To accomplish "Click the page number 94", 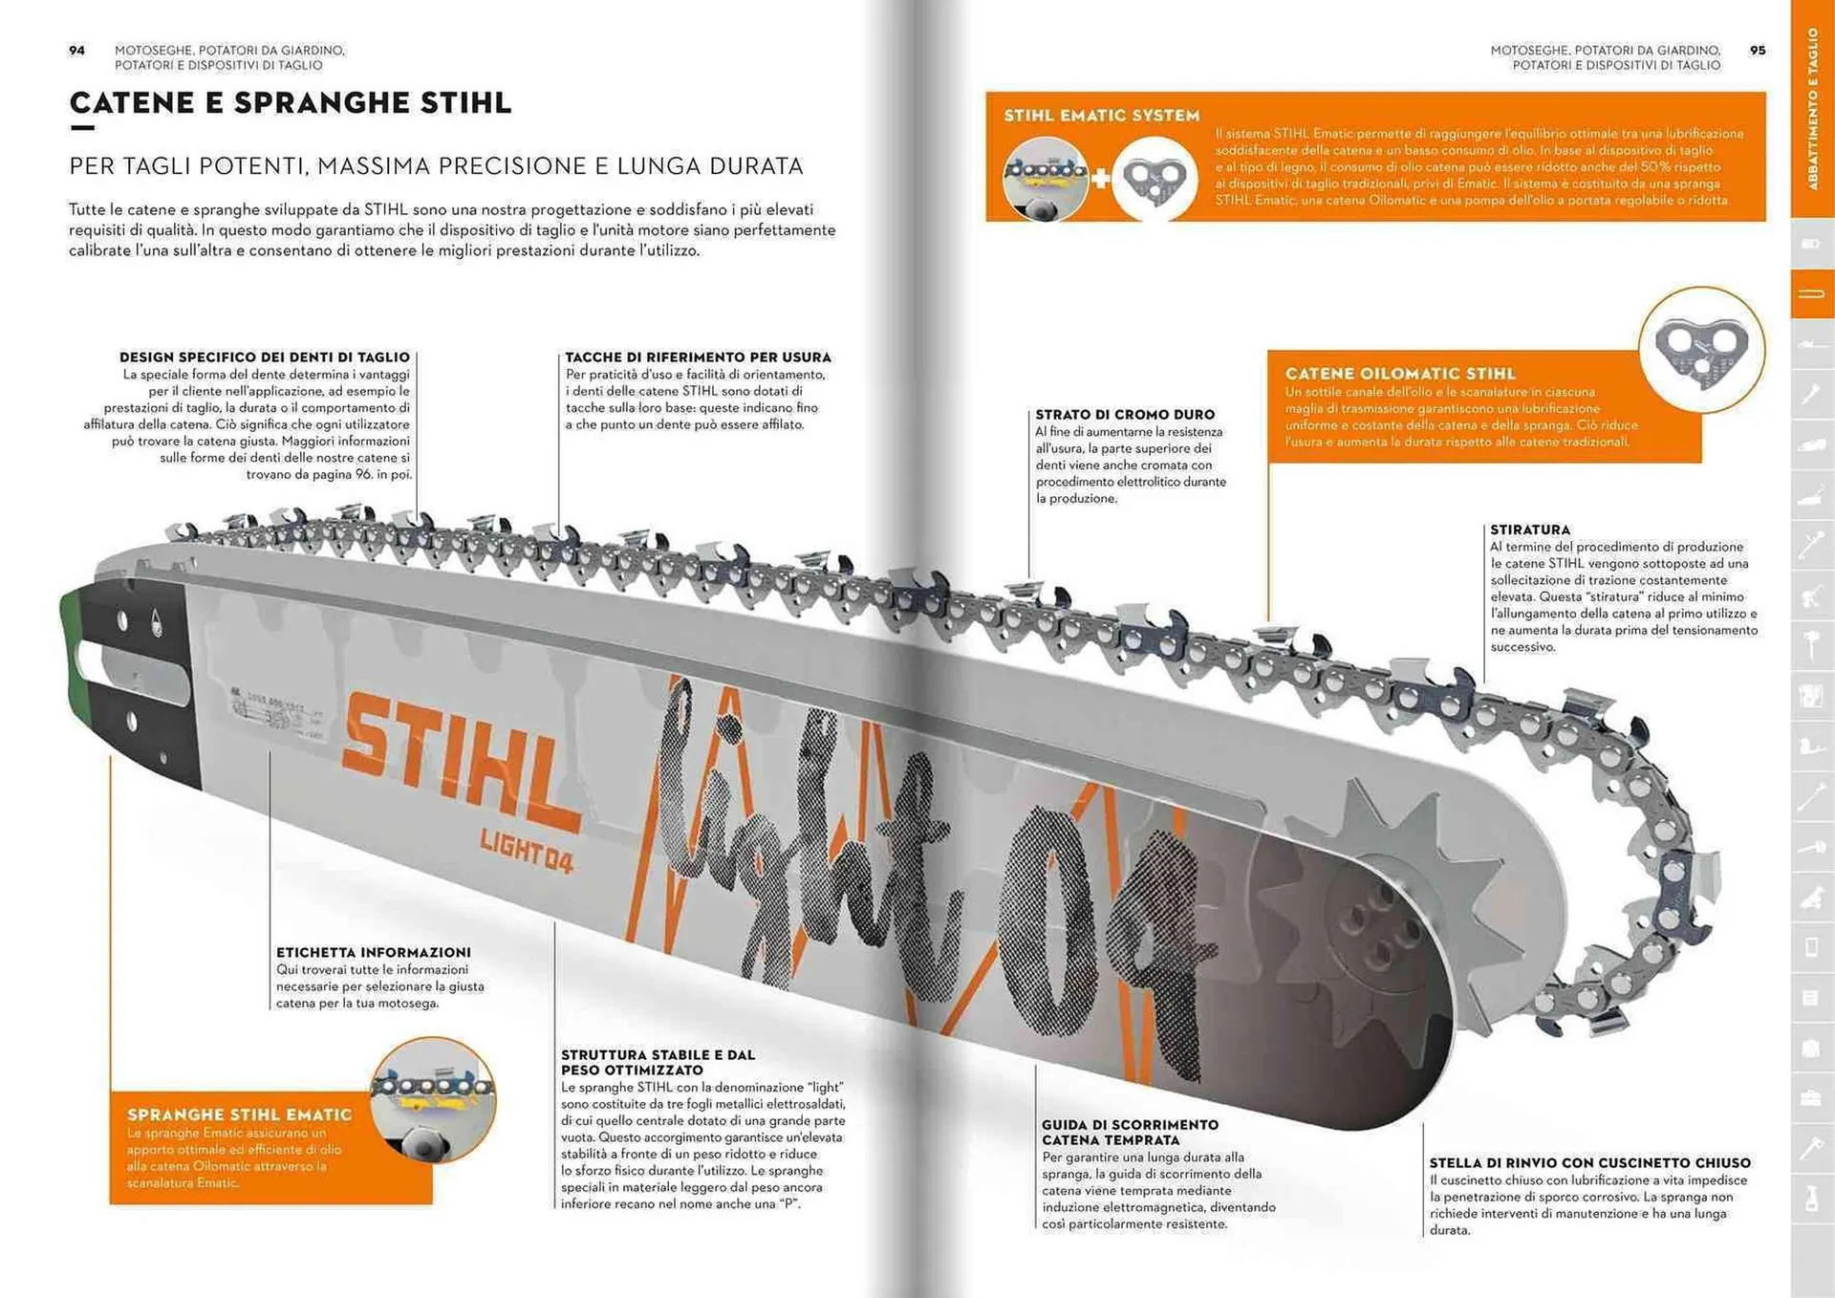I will click(x=76, y=51).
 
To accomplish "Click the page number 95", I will click(x=1757, y=51).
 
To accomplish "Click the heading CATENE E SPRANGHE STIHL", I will click(x=291, y=103).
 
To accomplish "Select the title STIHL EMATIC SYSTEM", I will click(x=1101, y=116).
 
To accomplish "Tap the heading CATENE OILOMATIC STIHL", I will click(x=1400, y=374).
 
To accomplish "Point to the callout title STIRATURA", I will click(x=1529, y=530).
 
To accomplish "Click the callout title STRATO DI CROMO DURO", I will click(x=1125, y=415).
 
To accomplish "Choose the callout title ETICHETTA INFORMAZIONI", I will click(x=373, y=952).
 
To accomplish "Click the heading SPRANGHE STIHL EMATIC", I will click(x=239, y=1114).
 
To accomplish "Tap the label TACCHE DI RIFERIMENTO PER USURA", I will click(x=698, y=357).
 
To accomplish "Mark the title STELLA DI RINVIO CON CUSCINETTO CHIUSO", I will click(x=1589, y=1163).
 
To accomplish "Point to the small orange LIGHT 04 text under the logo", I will click(x=526, y=849).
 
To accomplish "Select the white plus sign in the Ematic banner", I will click(x=1101, y=178).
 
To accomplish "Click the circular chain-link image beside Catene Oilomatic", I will click(x=1701, y=350).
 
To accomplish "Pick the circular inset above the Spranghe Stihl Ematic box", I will click(x=433, y=1099).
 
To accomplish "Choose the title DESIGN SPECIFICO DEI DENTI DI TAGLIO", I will click(x=264, y=357).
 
